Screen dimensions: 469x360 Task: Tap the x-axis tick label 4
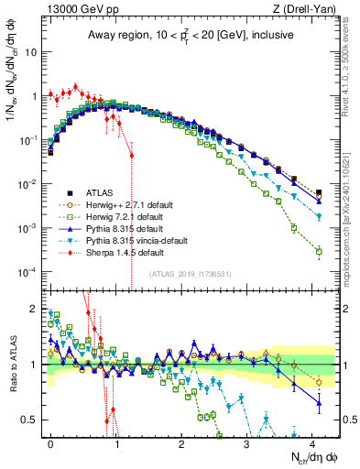pyautogui.click(x=312, y=442)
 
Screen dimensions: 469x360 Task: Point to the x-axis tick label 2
pyautogui.click(x=181, y=442)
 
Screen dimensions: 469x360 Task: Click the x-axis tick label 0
pyautogui.click(x=50, y=442)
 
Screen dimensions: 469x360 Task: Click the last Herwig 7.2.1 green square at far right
pyautogui.click(x=319, y=251)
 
